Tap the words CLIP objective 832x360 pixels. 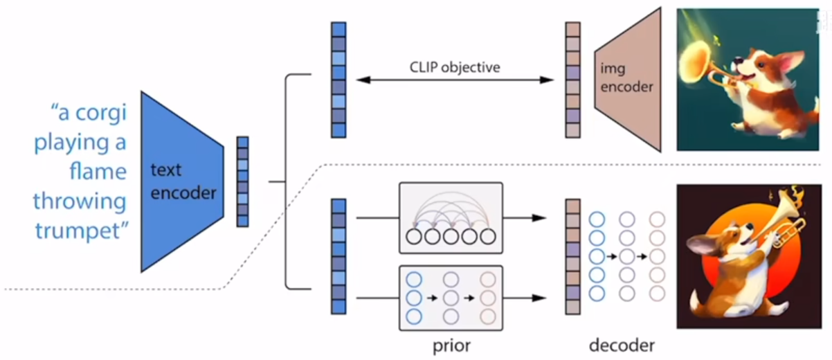tap(454, 67)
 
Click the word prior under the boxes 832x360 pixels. tap(450, 344)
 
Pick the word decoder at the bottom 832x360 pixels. tap(622, 344)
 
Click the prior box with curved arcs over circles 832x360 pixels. tap(450, 217)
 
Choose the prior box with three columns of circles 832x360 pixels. tap(450, 298)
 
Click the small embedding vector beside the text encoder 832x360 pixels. tap(242, 181)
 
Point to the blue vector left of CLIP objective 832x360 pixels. tap(338, 80)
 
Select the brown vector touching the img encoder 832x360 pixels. tap(572, 80)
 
